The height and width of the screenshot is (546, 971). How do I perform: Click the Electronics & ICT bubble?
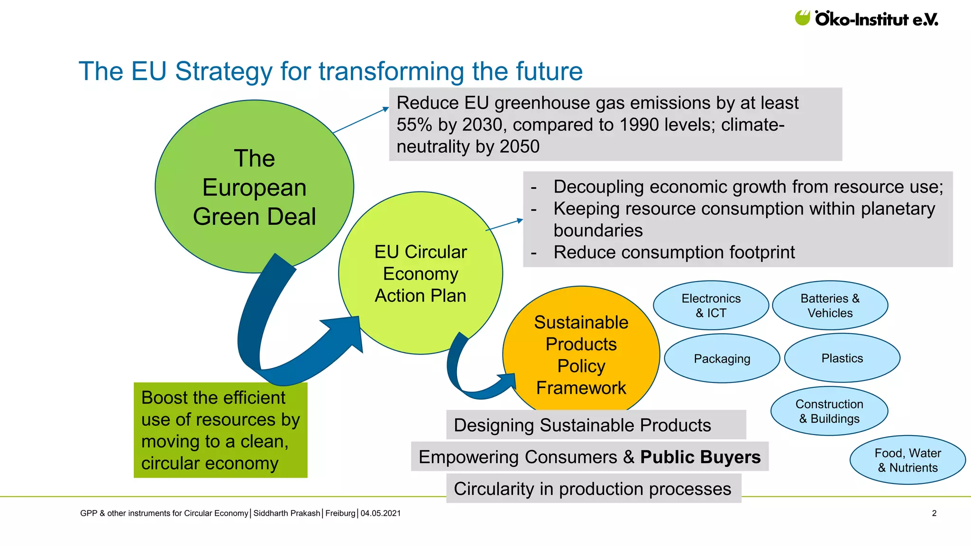point(711,305)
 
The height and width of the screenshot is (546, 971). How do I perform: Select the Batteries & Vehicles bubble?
point(830,305)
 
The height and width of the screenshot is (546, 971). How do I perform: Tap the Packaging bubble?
point(722,358)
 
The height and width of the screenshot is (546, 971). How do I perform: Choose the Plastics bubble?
point(842,358)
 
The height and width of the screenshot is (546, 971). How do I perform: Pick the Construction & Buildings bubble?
point(829,411)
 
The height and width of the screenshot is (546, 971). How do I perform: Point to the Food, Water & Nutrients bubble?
point(907,460)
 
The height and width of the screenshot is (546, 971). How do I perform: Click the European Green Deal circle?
point(254,187)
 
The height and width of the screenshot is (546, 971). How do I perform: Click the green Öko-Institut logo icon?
point(803,18)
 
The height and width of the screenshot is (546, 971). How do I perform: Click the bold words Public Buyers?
point(700,457)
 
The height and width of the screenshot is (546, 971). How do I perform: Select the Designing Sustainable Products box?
point(595,425)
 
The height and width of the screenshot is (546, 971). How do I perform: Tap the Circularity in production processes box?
point(593,489)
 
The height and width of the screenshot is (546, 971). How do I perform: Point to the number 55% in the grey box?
point(414,125)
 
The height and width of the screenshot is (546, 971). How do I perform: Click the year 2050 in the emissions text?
point(520,146)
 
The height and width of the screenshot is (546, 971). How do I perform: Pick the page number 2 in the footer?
point(934,513)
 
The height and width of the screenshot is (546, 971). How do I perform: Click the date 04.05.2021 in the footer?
point(380,513)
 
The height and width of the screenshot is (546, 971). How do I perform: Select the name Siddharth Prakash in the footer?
point(286,513)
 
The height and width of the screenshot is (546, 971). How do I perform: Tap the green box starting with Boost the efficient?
point(220,430)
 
